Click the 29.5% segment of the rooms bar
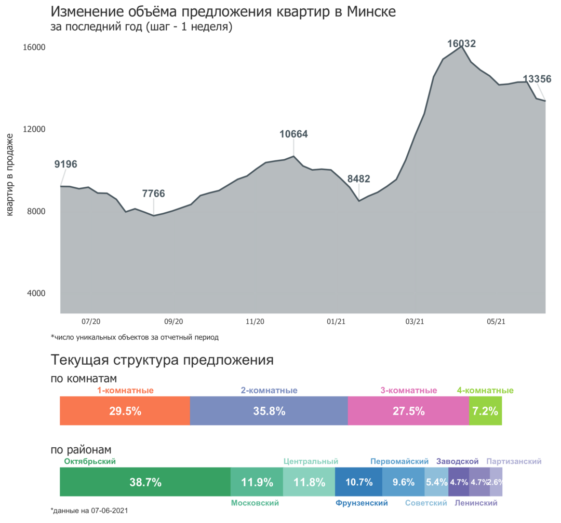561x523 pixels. click(x=124, y=411)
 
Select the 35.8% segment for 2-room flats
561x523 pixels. click(x=269, y=411)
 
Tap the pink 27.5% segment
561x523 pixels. click(x=408, y=411)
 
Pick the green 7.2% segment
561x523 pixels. click(x=486, y=411)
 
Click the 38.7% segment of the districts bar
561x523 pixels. click(x=144, y=482)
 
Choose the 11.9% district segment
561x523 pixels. click(x=257, y=482)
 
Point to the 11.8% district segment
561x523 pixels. click(x=309, y=482)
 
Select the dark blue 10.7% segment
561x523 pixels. click(x=359, y=482)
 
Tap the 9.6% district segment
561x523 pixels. click(x=404, y=482)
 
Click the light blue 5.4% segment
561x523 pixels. click(x=436, y=482)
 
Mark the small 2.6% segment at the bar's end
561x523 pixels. click(x=497, y=482)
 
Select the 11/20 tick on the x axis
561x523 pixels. click(x=255, y=322)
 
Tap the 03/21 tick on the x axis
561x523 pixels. click(x=415, y=322)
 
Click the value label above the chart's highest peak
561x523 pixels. click(x=461, y=43)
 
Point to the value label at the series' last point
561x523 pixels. click(x=537, y=79)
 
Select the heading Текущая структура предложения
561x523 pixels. click(x=162, y=360)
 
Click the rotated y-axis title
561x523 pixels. click(x=10, y=174)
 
